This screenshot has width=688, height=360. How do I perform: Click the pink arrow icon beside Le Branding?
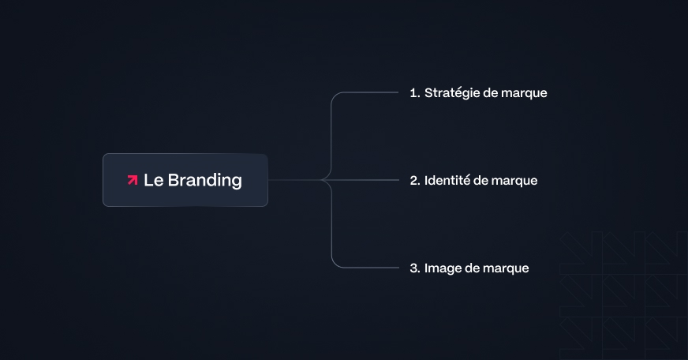133,180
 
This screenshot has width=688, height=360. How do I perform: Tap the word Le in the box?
152,180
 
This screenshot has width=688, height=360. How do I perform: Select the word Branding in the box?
205,181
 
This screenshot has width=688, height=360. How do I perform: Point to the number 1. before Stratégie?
414,93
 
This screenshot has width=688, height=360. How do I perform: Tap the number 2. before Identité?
415,181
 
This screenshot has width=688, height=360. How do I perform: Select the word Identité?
447,180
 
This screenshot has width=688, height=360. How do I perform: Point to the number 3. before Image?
415,268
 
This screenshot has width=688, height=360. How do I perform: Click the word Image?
442,268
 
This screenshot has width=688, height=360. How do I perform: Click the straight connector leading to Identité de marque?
371,180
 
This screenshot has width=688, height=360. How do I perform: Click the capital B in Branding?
173,180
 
